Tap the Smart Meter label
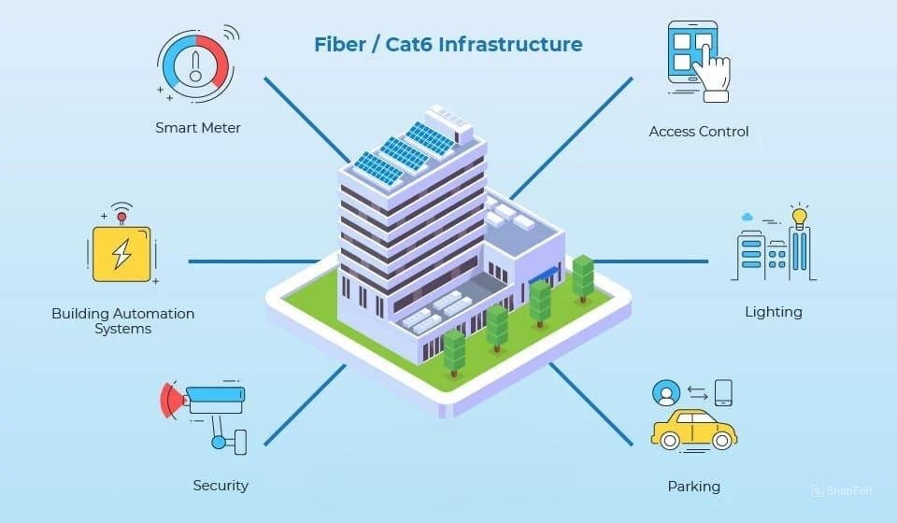[x=198, y=128]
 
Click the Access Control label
[x=699, y=132]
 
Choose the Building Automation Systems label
[x=123, y=321]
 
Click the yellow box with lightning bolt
[x=121, y=252]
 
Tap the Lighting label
[x=773, y=311]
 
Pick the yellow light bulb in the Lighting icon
[x=799, y=218]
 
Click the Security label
[x=221, y=486]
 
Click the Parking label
[x=693, y=487]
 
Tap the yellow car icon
[x=693, y=430]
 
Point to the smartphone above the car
[x=723, y=391]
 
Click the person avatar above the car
[x=666, y=392]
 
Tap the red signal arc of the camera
[x=169, y=399]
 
